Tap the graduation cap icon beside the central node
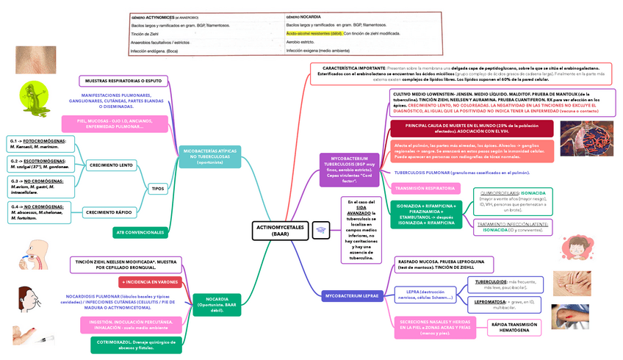click(x=321, y=230)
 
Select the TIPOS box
click(x=158, y=189)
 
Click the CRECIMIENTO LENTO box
click(x=111, y=166)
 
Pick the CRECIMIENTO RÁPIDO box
click(x=111, y=212)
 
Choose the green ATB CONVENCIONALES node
click(x=140, y=232)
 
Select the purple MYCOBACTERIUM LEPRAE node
click(x=350, y=295)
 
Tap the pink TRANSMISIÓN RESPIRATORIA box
click(x=425, y=188)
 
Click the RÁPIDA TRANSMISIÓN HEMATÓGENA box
click(x=514, y=327)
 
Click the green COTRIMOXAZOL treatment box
click(x=136, y=344)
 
